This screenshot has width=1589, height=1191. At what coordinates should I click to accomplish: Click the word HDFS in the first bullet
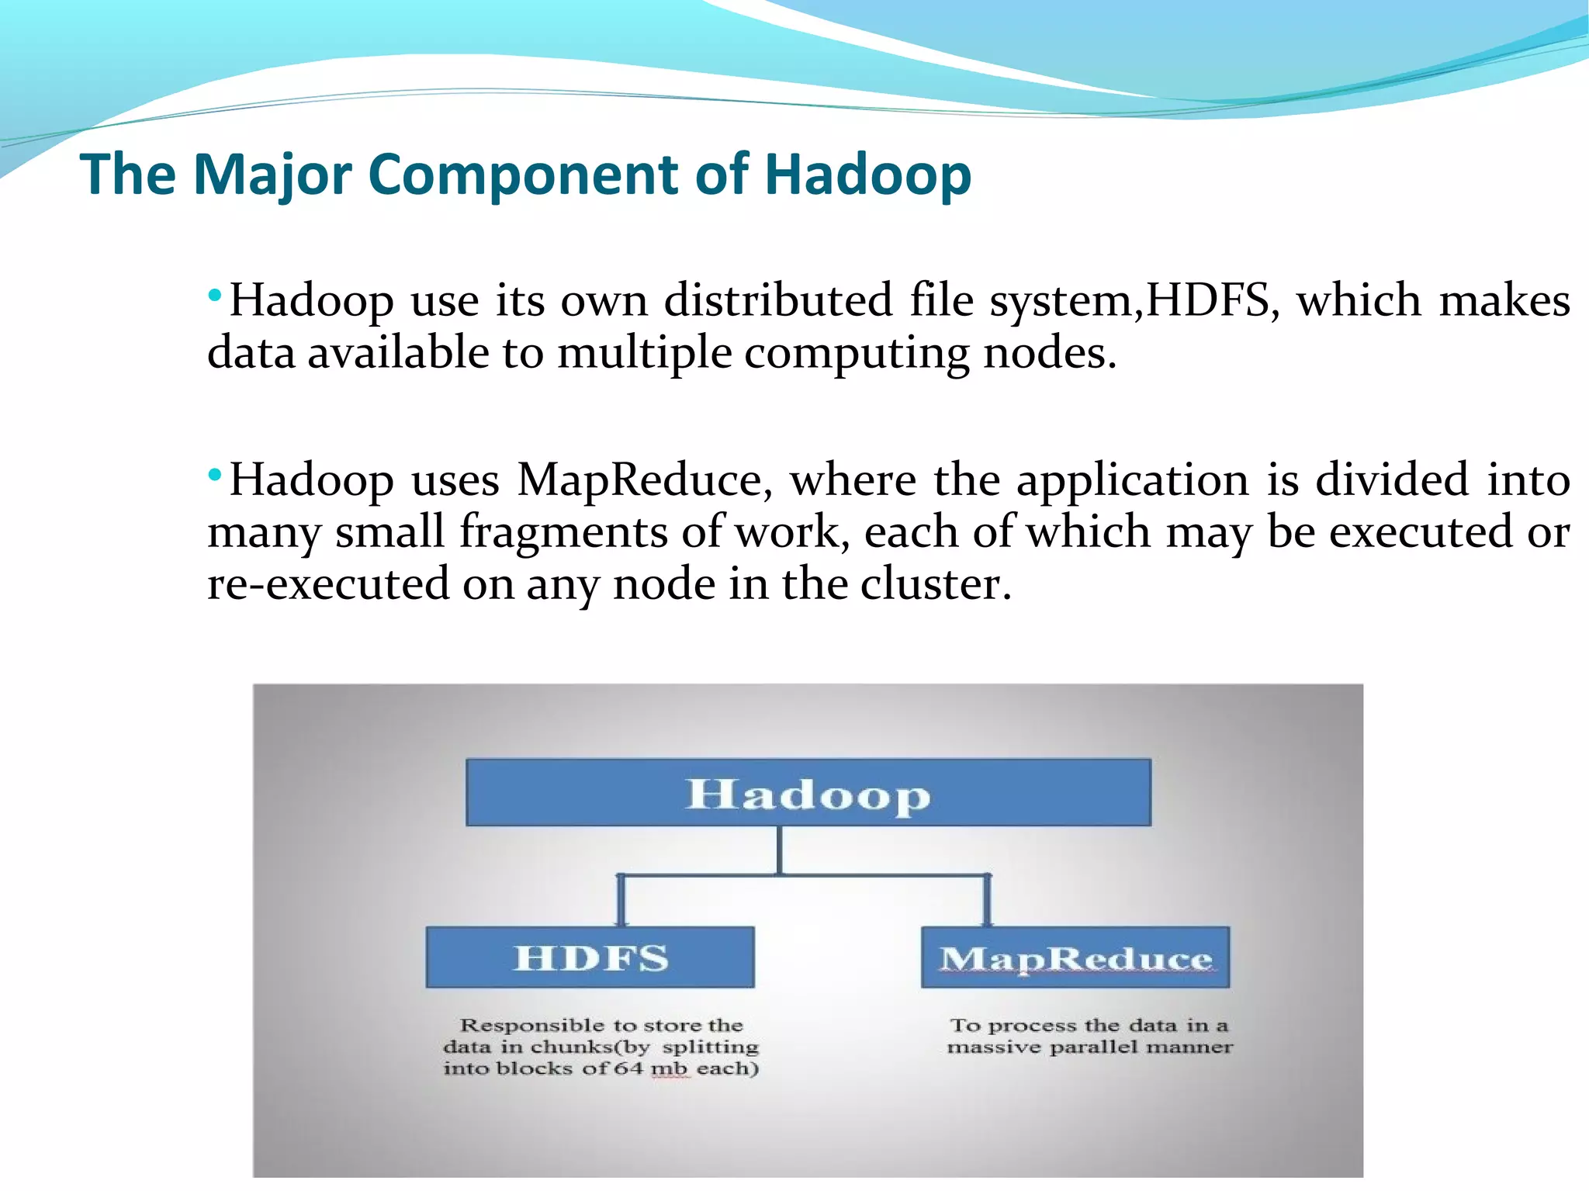tap(1207, 300)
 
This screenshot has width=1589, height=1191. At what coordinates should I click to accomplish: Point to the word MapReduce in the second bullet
tap(639, 480)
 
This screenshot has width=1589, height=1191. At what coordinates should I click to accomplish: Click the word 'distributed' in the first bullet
tap(778, 300)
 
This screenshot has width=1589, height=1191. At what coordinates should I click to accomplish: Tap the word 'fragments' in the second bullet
tap(563, 532)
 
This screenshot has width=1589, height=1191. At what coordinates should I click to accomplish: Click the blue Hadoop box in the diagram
tap(808, 792)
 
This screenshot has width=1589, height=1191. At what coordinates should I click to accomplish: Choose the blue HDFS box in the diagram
tap(590, 957)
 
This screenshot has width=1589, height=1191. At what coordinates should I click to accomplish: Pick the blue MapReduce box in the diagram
tap(1075, 957)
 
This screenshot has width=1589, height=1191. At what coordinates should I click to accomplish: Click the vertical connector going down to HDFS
tap(621, 900)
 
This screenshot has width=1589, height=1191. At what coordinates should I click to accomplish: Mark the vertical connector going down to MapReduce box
tap(987, 900)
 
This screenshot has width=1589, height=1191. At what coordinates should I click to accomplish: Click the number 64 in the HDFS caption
tap(628, 1068)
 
